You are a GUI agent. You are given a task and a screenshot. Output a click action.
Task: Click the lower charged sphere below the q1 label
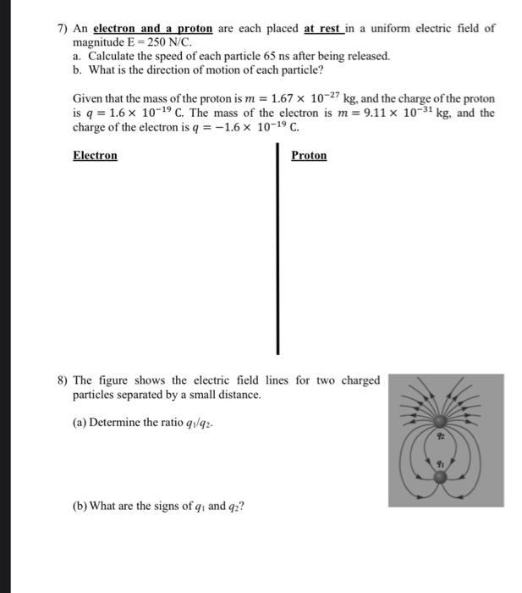[x=440, y=478]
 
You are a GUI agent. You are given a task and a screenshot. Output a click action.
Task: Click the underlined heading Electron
[x=95, y=156]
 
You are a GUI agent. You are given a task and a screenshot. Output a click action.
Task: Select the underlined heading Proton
[x=309, y=156]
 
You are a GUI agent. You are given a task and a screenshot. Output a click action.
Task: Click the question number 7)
[x=63, y=29]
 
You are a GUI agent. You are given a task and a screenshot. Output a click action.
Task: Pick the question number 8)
[x=63, y=381]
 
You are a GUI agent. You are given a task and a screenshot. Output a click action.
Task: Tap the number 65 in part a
[x=260, y=56]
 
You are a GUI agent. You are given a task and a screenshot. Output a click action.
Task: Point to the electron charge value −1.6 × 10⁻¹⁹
[x=257, y=128]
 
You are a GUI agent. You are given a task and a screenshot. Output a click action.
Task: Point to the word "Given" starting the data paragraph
[x=88, y=99]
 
